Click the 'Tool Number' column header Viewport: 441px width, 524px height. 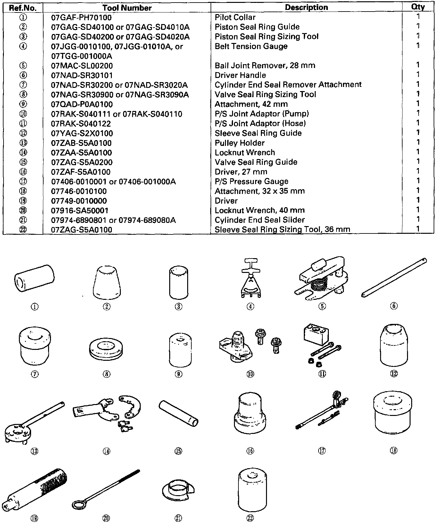127,8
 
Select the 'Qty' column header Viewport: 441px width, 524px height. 418,7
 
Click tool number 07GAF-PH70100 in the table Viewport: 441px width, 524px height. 81,17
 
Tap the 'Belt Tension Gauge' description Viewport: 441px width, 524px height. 251,46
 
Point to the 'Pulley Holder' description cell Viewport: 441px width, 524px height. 239,143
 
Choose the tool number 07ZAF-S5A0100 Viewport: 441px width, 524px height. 81,172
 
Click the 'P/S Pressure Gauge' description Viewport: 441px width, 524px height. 251,182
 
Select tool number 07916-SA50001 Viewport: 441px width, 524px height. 80,210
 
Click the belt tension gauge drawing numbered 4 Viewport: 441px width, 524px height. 250,279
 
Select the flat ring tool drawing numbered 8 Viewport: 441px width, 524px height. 106,348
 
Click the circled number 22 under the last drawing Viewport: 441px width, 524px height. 250,518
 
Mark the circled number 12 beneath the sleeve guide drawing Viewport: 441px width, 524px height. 394,374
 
